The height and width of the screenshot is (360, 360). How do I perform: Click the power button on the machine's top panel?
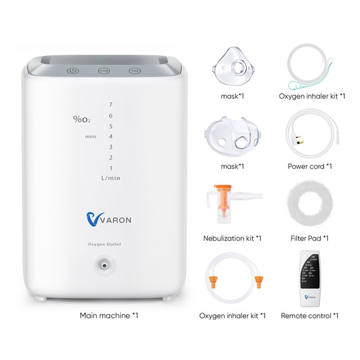(73, 69)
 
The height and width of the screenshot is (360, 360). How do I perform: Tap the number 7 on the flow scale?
(110, 105)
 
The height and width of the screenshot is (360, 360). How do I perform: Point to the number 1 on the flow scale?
(110, 168)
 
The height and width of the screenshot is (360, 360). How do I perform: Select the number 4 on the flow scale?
(110, 136)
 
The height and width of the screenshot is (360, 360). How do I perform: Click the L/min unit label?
(111, 178)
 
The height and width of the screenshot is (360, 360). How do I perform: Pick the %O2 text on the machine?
(82, 119)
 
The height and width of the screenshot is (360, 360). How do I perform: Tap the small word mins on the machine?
(91, 137)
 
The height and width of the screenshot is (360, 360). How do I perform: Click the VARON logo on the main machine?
(111, 218)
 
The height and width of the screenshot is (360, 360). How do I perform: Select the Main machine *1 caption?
(109, 315)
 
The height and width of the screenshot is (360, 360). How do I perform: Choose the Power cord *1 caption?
(309, 167)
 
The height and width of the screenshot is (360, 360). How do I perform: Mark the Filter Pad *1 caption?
(309, 238)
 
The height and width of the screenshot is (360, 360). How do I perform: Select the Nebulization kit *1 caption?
(232, 238)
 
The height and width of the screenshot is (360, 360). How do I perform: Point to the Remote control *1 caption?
(309, 315)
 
